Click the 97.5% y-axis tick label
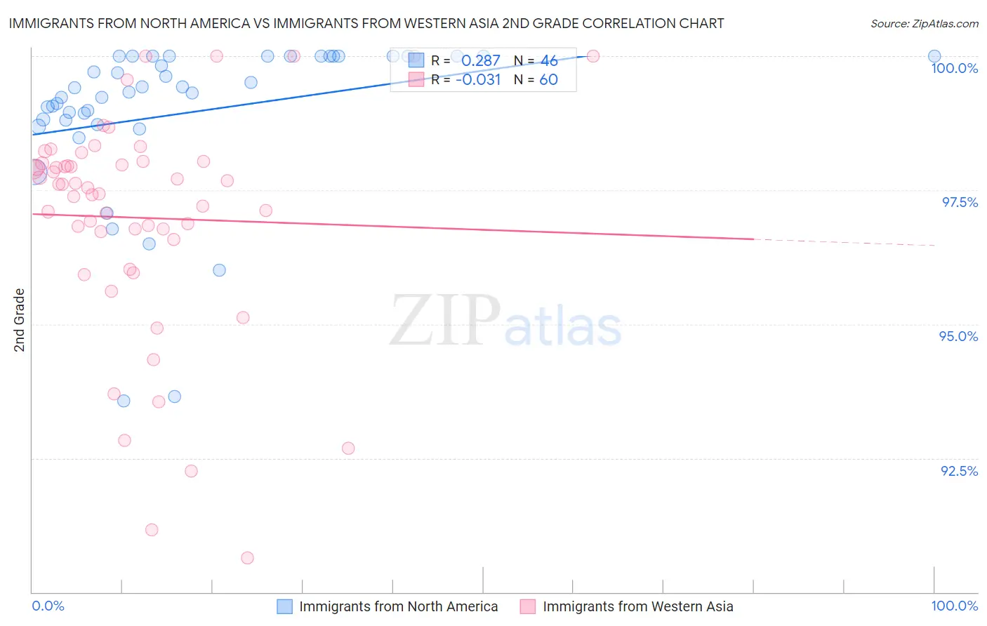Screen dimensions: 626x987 [959, 202]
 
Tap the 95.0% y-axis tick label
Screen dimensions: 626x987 [958, 336]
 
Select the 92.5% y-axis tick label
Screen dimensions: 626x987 [959, 471]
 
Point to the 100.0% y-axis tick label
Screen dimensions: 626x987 [954, 68]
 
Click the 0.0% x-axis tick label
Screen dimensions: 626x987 [48, 606]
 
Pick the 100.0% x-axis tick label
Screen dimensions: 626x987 [954, 606]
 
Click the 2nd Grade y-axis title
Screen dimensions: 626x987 [20, 320]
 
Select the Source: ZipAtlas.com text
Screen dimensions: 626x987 [924, 23]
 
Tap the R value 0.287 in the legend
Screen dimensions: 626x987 [480, 61]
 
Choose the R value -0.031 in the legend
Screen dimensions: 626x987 [478, 80]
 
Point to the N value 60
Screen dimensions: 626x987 [548, 80]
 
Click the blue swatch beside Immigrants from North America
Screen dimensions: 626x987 [284, 606]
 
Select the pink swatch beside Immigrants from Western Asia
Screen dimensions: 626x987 [528, 606]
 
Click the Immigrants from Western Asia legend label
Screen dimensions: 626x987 [637, 606]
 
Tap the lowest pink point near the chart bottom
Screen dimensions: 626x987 [247, 558]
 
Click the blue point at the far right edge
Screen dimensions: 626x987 [934, 56]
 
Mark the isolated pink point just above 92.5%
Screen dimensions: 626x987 [348, 448]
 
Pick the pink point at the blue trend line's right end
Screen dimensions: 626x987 [592, 56]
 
